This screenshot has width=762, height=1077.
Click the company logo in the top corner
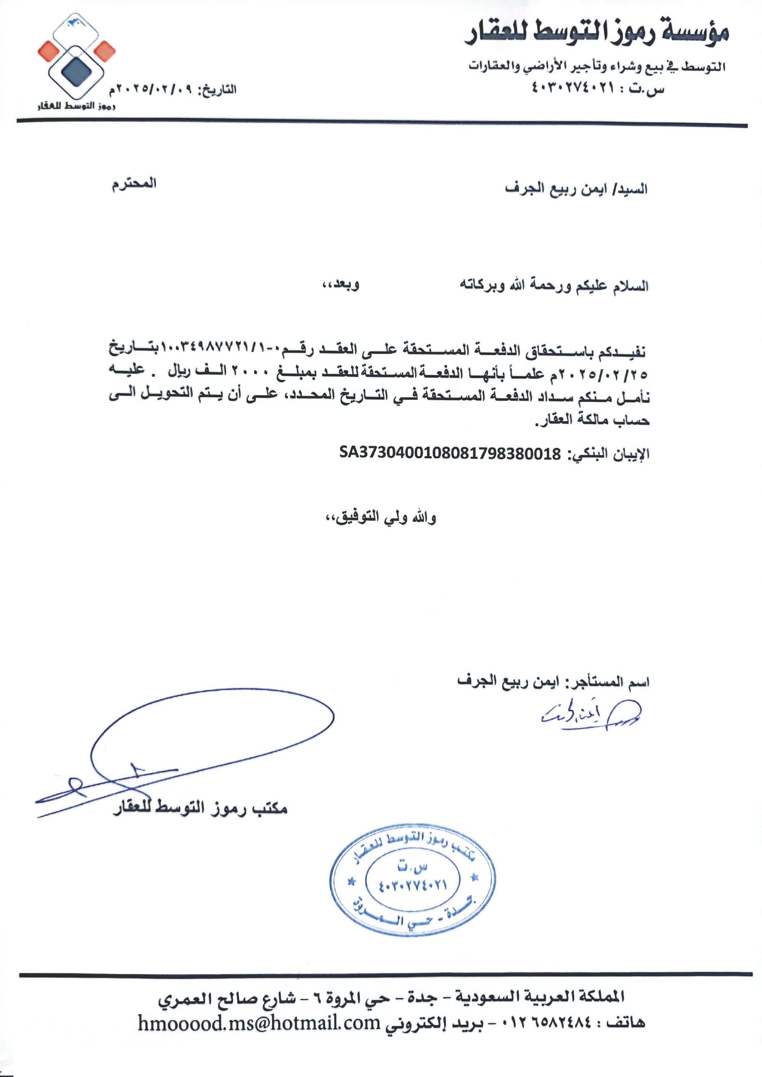[x=76, y=59]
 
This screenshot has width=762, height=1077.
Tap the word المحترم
[x=134, y=184]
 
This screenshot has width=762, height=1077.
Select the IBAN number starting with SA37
[x=450, y=453]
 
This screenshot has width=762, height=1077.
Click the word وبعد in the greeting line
[x=340, y=285]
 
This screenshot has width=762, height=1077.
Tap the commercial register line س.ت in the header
[x=598, y=88]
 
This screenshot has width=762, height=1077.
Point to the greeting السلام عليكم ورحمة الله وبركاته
[x=554, y=285]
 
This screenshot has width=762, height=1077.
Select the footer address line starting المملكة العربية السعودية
[x=391, y=997]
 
